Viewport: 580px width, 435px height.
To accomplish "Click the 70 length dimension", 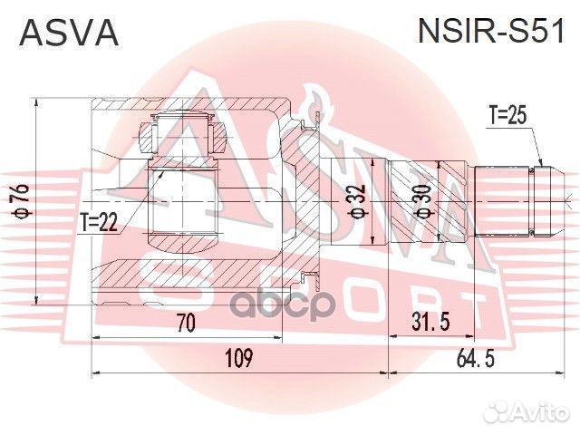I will [x=187, y=322].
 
